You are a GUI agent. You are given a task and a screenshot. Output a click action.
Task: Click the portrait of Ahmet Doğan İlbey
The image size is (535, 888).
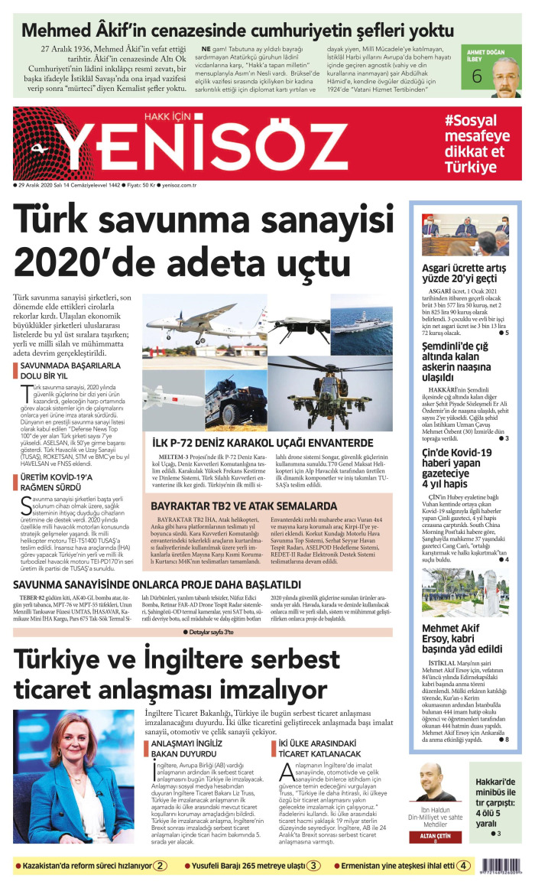[505, 76]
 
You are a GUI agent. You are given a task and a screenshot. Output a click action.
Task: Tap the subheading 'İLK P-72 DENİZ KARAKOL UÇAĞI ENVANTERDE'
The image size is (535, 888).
[261, 443]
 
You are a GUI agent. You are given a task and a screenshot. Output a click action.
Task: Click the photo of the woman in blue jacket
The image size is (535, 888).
[73, 776]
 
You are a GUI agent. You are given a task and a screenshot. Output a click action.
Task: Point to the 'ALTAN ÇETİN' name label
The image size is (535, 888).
[436, 837]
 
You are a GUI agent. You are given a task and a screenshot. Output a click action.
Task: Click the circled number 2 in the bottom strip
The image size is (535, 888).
[160, 866]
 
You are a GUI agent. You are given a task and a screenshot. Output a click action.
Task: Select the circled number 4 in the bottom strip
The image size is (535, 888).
[464, 866]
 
